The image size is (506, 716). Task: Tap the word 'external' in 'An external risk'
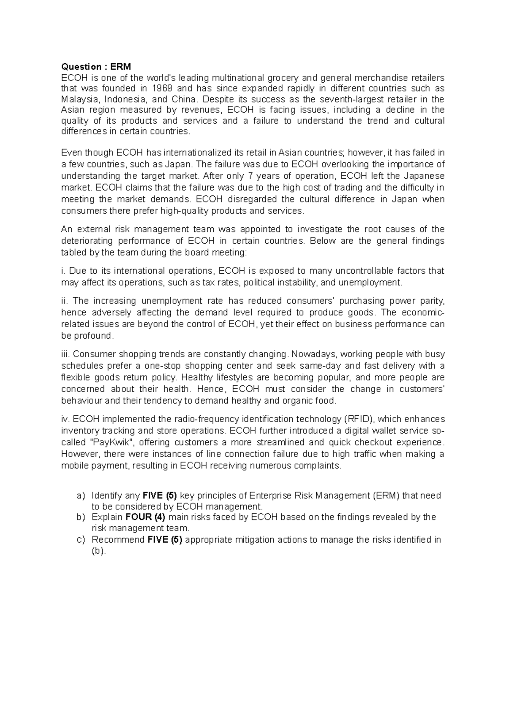coord(92,229)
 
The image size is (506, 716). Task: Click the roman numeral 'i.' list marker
coord(63,271)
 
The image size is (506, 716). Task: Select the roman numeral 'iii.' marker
coord(66,354)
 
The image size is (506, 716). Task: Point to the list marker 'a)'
coord(81,495)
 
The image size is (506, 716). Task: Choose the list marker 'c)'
coord(81,540)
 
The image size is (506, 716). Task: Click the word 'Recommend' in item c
coord(118,540)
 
